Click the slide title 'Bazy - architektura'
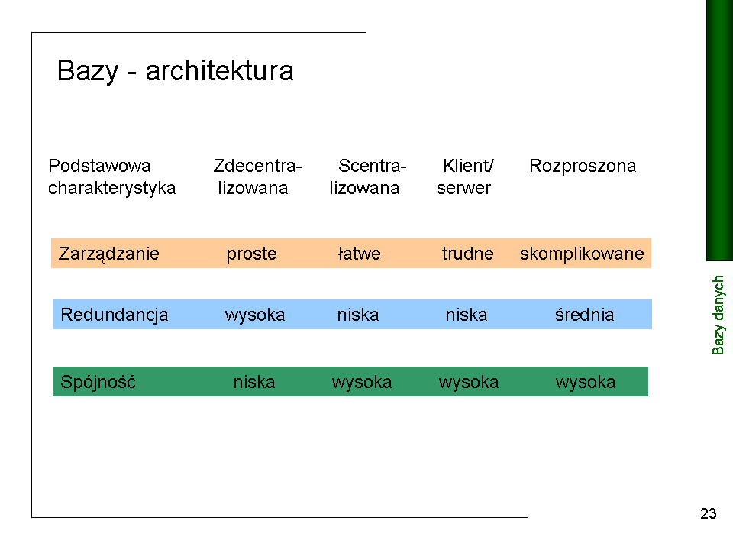[x=176, y=71]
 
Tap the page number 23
[x=709, y=513]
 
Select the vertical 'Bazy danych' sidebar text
[x=718, y=315]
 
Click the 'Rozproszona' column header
[x=583, y=166]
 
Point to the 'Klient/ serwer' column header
[x=465, y=176]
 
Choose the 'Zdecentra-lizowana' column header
[x=257, y=176]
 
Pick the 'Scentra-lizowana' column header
[x=368, y=176]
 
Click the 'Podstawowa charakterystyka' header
[x=111, y=176]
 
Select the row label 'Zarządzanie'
[x=109, y=254]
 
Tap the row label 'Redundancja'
[x=114, y=315]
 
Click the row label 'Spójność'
[x=98, y=382]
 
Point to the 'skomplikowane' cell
[x=582, y=254]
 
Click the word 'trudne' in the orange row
[x=467, y=254]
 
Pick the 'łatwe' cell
[x=359, y=254]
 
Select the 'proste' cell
[x=251, y=254]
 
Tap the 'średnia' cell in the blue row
[x=584, y=314]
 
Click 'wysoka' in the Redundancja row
[x=255, y=315]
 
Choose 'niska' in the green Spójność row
[x=253, y=382]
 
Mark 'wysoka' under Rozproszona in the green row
[x=586, y=383]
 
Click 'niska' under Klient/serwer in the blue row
[x=466, y=315]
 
